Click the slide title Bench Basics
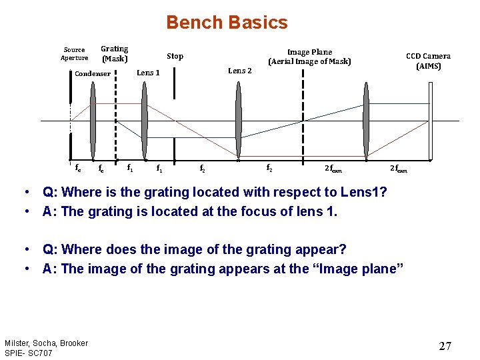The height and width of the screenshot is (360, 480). [x=227, y=23]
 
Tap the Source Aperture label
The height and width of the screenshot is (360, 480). [x=74, y=53]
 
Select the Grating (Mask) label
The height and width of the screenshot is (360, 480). [x=114, y=53]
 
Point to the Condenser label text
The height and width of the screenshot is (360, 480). [x=93, y=73]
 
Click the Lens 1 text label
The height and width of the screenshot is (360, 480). [x=148, y=73]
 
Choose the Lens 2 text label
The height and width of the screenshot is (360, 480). [x=240, y=71]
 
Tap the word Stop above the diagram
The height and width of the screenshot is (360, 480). [x=175, y=57]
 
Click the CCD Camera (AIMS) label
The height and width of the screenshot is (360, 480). [x=428, y=61]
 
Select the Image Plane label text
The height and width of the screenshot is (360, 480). [x=309, y=57]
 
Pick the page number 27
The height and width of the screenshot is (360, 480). [x=445, y=346]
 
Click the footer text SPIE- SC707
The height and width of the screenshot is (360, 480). [x=29, y=352]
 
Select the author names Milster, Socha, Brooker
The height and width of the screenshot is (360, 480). [x=46, y=343]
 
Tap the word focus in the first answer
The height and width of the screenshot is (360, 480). [x=265, y=212]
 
